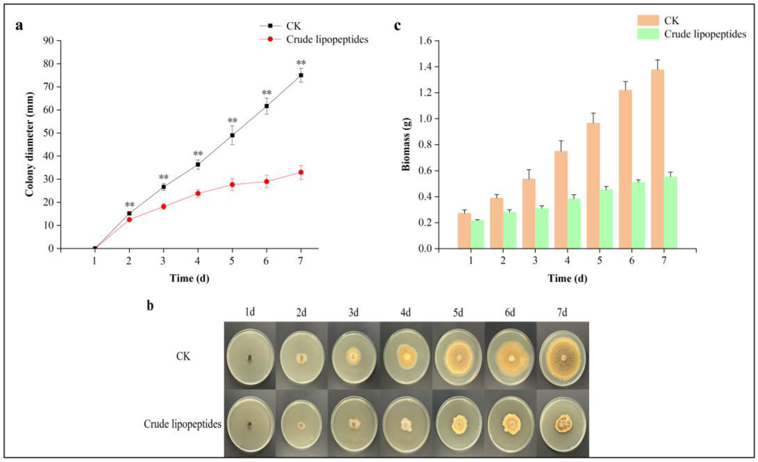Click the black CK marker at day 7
pos(301,75)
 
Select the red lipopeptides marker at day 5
pos(232,184)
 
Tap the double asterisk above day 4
pos(198,153)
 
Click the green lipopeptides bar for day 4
pos(574,223)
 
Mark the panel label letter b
pos(150,306)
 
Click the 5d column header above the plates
pos(458,313)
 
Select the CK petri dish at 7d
pos(563,357)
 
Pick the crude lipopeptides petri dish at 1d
pos(250,425)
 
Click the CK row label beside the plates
pos(183,356)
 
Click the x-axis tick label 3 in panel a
pos(163,261)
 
